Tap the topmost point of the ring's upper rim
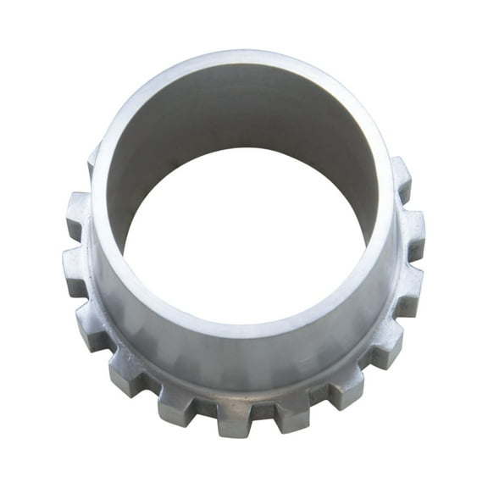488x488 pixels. coord(241,53)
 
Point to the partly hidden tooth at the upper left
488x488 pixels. coord(91,161)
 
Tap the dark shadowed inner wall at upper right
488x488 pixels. coord(330,127)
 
